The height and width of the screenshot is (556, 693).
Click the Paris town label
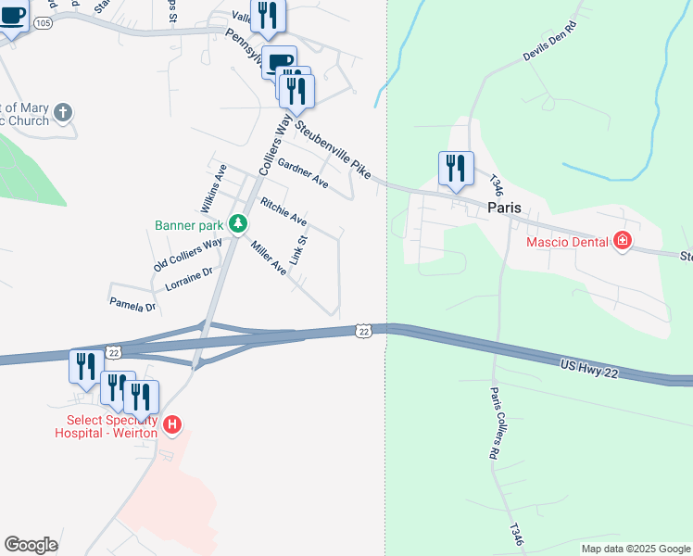pos(508,208)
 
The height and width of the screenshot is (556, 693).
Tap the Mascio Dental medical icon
pos(623,242)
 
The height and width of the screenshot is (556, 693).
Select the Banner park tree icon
pos(238,223)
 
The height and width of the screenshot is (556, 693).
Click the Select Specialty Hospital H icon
pos(171,425)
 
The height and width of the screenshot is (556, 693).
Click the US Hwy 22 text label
pos(588,368)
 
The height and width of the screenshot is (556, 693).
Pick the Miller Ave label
pos(269,257)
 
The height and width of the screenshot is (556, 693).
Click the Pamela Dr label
pos(132,305)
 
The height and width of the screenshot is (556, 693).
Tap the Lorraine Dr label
pos(189,280)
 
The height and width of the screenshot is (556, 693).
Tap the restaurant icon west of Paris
pos(456,168)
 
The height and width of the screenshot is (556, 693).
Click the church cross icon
pos(62,112)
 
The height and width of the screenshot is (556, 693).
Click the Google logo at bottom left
pos(31,545)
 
